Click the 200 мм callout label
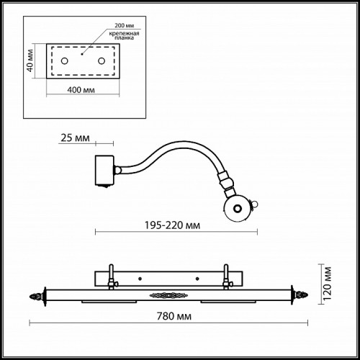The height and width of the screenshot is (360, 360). pyautogui.click(x=124, y=25)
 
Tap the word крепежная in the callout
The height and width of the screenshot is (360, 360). pyautogui.click(x=124, y=33)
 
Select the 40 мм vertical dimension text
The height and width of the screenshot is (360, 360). pyautogui.click(x=30, y=60)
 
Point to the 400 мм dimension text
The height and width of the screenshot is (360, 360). pyautogui.click(x=81, y=90)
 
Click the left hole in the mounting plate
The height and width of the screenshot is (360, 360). pyautogui.click(x=64, y=61)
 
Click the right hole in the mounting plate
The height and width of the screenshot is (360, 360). pyautogui.click(x=102, y=61)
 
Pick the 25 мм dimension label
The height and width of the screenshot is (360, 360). pyautogui.click(x=75, y=138)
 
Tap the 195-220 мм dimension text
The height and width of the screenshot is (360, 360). pyautogui.click(x=172, y=225)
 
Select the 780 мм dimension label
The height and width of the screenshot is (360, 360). pyautogui.click(x=174, y=316)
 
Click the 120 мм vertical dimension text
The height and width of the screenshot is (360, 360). pyautogui.click(x=328, y=284)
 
